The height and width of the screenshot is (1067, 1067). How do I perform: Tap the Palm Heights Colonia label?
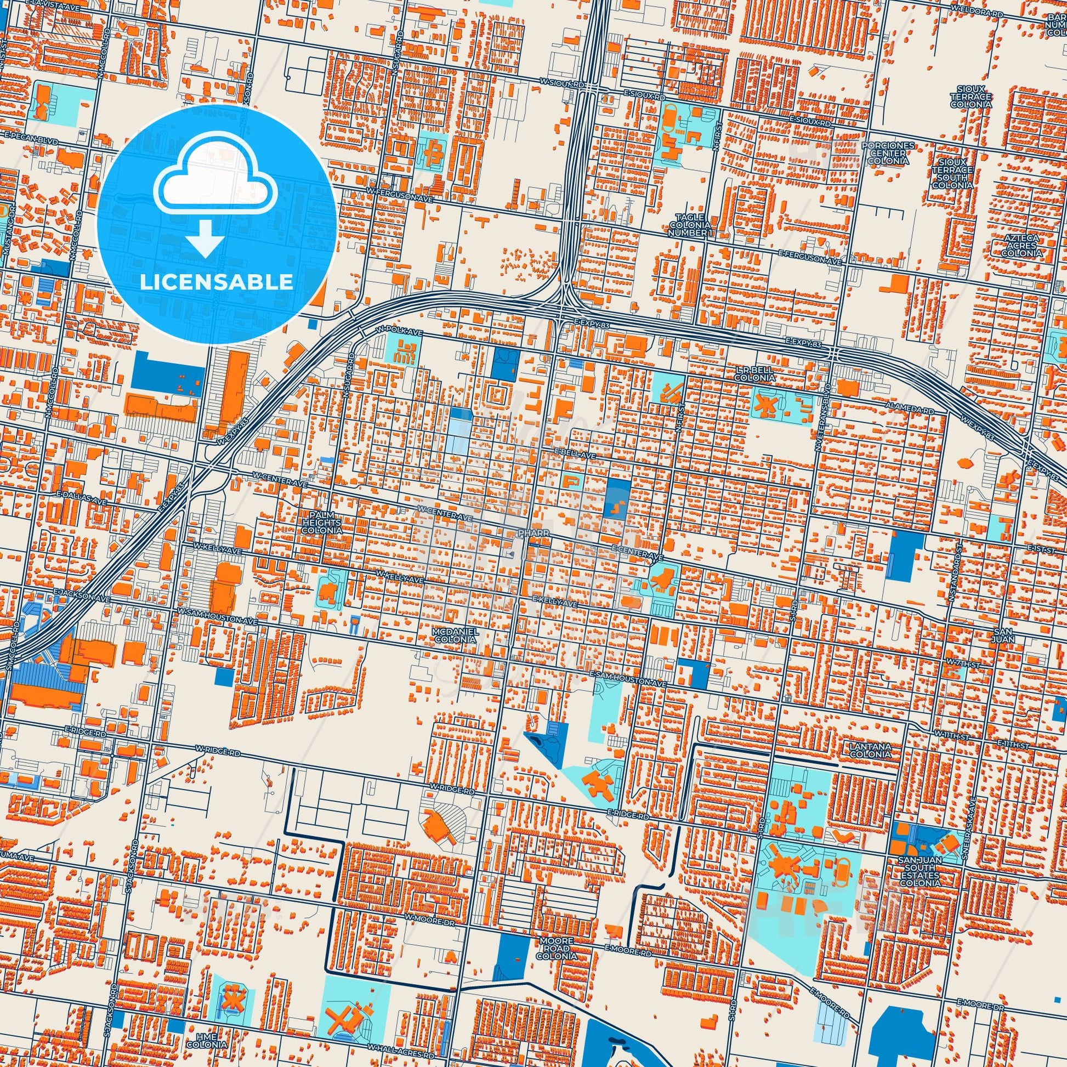(321, 521)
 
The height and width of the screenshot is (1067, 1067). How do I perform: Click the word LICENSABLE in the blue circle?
(216, 282)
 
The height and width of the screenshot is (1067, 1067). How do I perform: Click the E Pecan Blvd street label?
(30, 141)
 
